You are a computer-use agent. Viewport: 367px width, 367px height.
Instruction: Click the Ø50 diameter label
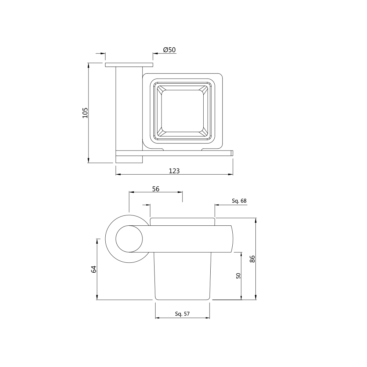point(170,50)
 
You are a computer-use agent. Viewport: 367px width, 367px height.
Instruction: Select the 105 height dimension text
point(85,113)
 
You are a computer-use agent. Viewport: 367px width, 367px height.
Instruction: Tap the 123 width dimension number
point(174,171)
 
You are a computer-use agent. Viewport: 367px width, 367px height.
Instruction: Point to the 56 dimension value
point(156,189)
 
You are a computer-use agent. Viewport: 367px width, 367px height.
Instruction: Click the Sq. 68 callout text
point(239,201)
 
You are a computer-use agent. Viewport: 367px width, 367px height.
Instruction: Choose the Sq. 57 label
point(182,314)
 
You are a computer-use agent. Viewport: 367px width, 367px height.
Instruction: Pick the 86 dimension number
point(252,259)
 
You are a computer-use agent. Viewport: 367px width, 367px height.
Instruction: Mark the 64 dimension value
point(94,269)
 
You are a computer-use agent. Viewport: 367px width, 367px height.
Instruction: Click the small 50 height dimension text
point(238,276)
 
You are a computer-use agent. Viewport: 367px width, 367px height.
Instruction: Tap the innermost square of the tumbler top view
point(182,111)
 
